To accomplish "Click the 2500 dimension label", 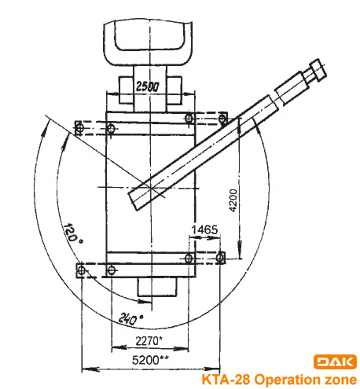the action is pos(147,86).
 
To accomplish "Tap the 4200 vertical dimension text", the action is pos(233,200).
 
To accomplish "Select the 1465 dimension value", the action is pos(204,229).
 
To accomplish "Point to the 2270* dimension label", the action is pos(149,341).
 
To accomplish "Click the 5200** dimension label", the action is pos(150,360).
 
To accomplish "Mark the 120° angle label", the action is pos(72,233).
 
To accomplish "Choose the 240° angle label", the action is pos(130,318).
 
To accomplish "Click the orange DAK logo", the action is pos(335,361).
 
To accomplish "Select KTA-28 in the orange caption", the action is pos(226,380).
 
